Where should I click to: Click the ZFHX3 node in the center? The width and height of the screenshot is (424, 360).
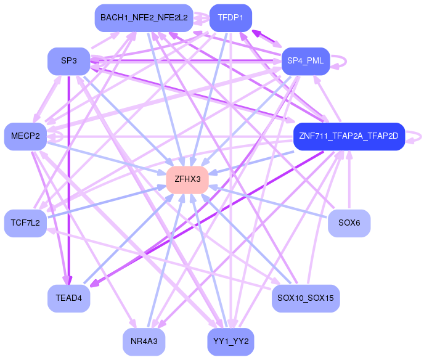click(x=187, y=179)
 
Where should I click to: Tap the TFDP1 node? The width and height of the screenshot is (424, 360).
click(x=230, y=18)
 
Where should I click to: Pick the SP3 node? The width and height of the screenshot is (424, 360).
click(x=68, y=61)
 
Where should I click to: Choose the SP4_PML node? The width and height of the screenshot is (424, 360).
click(x=306, y=61)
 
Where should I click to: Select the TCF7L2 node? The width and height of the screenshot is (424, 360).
click(x=25, y=223)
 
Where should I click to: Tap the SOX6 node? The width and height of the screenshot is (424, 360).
click(x=349, y=223)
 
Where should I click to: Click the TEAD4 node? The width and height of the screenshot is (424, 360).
click(x=68, y=298)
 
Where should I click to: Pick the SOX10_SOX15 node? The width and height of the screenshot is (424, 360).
click(x=306, y=298)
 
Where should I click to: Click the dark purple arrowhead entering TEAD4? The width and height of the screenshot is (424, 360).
click(x=92, y=285)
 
